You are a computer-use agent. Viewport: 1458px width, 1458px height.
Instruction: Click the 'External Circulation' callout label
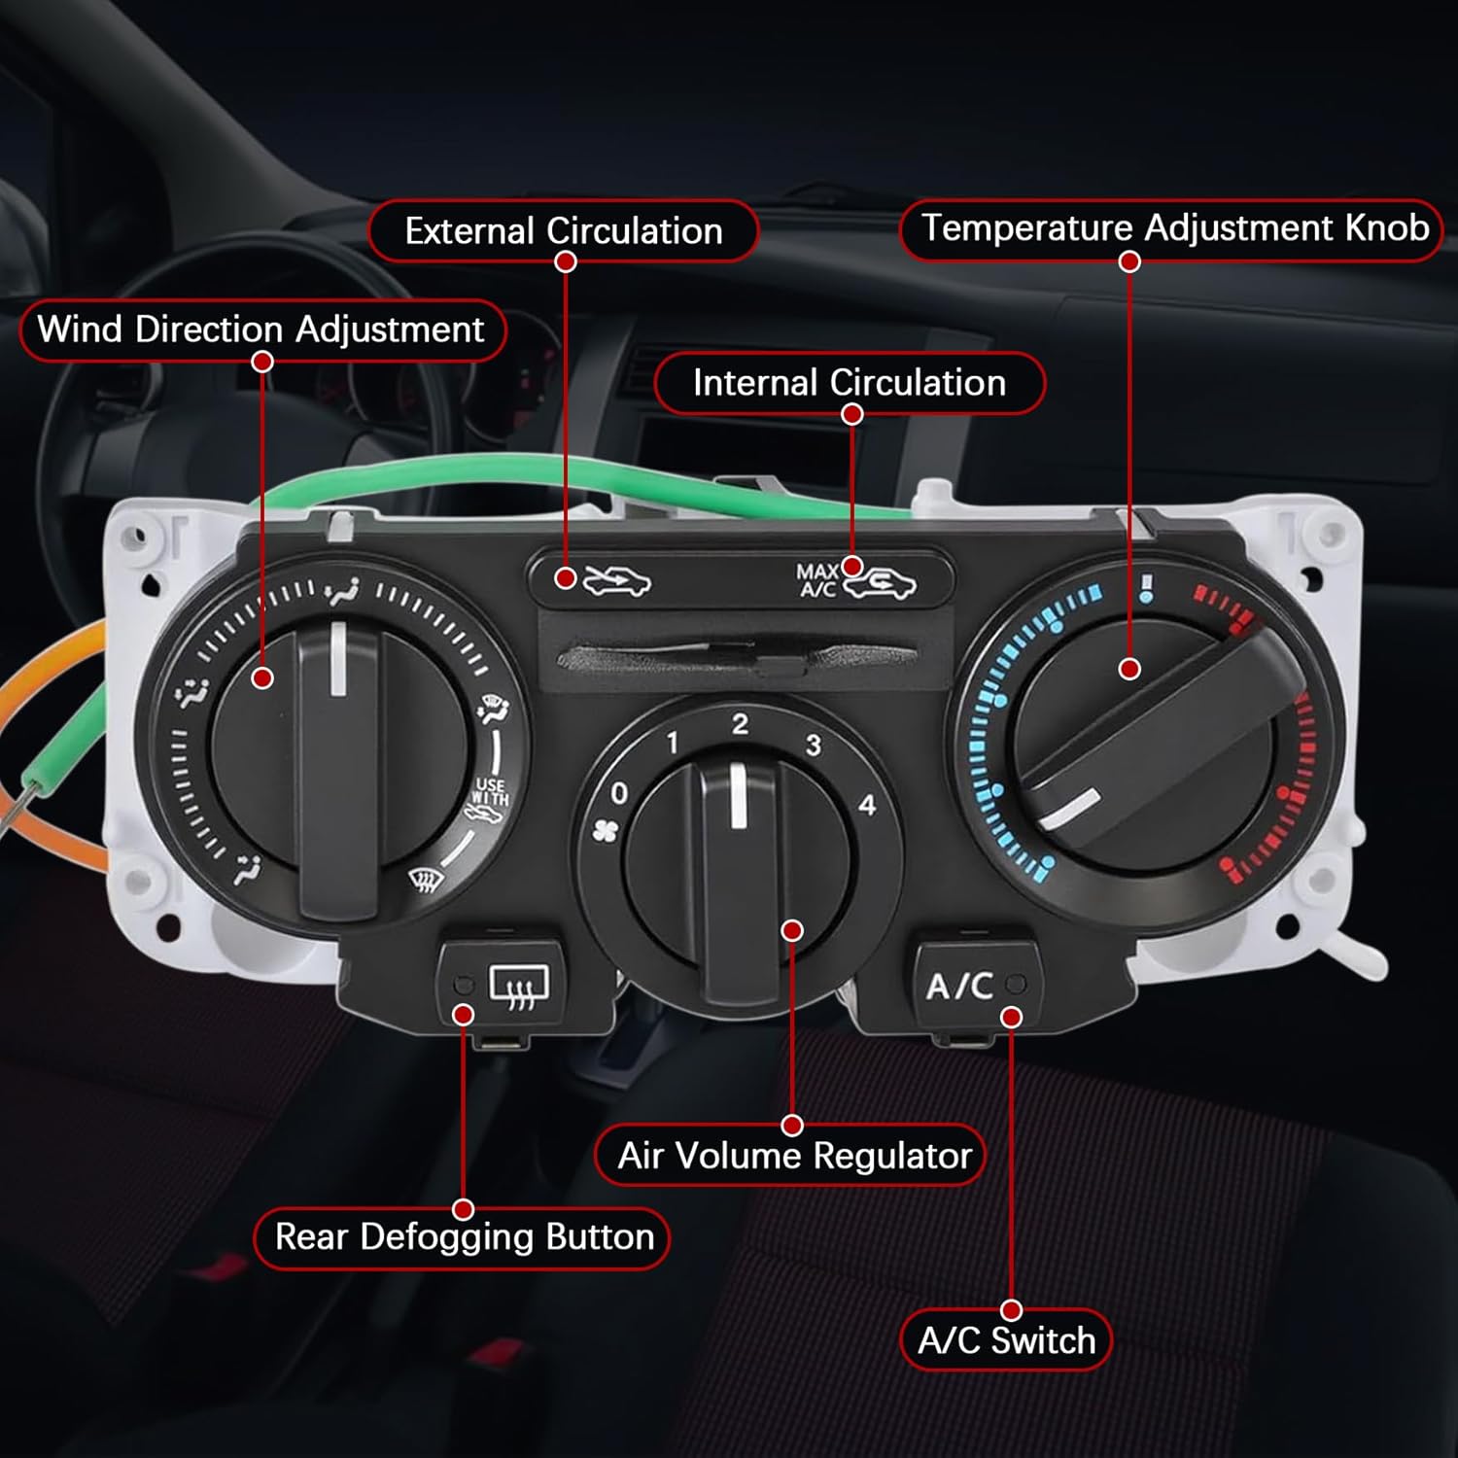563,231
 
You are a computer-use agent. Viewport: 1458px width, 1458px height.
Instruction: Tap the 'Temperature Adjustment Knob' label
1174,228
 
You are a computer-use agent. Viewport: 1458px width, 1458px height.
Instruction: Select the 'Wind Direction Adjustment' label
260,330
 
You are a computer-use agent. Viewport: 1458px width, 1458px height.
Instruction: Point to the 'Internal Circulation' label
849,383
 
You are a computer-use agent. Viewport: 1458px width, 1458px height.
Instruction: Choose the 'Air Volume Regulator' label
794,1156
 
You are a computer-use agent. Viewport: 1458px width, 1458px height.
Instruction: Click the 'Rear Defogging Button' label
464,1237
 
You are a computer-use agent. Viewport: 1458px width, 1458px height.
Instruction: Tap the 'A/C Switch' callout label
1006,1340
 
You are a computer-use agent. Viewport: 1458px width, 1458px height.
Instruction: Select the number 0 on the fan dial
619,794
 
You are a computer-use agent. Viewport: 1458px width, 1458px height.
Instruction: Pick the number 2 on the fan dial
740,724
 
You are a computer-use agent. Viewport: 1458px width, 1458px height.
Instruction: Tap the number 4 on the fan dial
867,805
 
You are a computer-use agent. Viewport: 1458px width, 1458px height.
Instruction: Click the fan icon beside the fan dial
605,831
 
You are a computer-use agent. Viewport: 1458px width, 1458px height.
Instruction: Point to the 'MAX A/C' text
816,580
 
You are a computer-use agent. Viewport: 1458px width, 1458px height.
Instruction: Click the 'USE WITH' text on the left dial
491,791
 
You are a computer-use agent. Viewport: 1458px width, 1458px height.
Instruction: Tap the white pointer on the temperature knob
1070,810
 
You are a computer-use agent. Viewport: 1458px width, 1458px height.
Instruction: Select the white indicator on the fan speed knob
739,796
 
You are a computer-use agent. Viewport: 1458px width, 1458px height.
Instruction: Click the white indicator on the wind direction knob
338,659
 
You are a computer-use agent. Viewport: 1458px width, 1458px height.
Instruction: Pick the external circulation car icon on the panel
616,581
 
